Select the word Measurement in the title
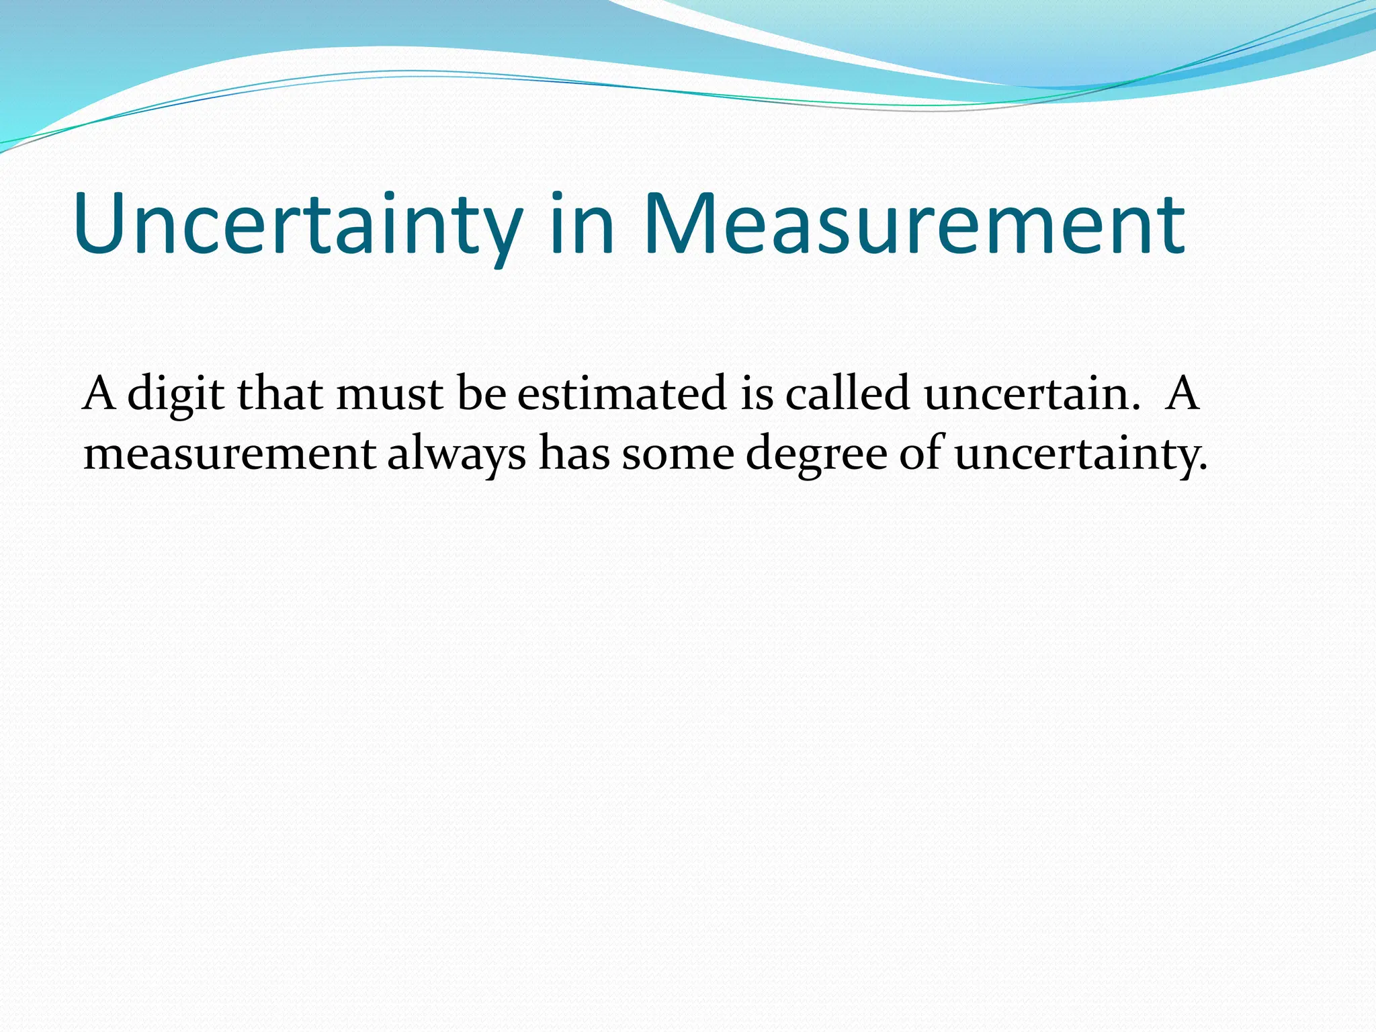point(914,224)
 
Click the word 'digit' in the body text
point(175,394)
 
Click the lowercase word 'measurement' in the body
point(229,455)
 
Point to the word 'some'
point(678,455)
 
